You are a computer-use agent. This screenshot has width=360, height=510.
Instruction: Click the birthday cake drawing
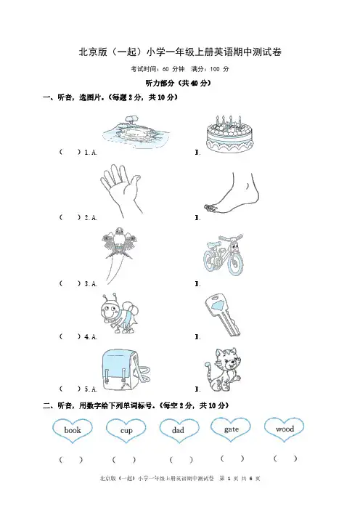coord(229,134)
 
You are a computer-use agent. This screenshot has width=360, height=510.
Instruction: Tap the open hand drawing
coord(121,190)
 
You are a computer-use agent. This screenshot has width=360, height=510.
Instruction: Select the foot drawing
coord(232,193)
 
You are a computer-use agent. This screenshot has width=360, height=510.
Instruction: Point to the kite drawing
coord(117,254)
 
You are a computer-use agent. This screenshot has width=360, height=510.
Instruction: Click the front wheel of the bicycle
coord(235,262)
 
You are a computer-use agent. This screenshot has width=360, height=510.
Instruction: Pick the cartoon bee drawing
coord(117,314)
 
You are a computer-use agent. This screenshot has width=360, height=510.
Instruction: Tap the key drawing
coord(223,315)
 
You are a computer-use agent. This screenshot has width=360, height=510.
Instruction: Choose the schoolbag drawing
coord(126,370)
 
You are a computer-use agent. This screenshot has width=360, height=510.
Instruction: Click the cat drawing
coord(223,370)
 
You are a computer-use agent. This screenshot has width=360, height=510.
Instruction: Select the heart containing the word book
coord(73,430)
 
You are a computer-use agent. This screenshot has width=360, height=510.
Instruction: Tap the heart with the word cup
coord(126,430)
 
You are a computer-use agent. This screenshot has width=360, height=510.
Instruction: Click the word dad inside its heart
coord(178,430)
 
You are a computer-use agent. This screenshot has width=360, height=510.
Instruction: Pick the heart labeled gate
coord(231,429)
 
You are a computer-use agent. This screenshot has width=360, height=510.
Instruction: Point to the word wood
coord(285,429)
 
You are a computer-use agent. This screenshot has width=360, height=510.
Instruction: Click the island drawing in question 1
coord(135,133)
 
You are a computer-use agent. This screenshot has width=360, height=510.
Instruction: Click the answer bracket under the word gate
coord(232,458)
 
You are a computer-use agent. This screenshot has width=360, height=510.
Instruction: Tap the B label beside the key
coord(197,337)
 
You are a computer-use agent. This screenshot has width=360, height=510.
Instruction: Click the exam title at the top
coord(180,52)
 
